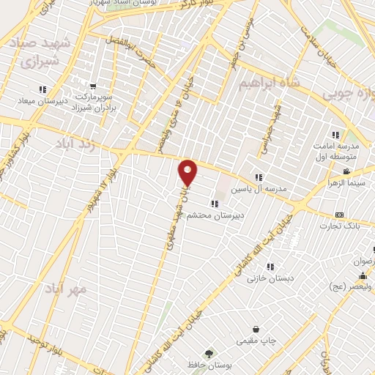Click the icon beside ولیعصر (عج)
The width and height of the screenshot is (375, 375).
364,276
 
